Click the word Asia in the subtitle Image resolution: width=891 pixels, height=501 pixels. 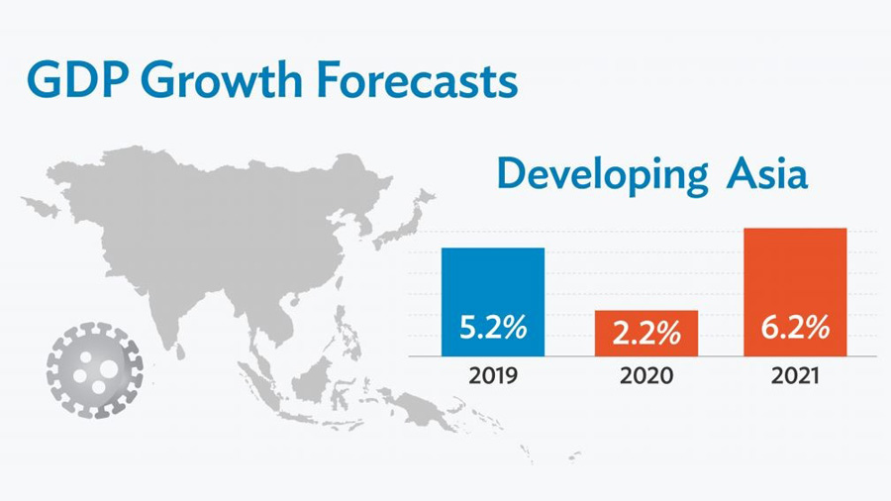[767, 174]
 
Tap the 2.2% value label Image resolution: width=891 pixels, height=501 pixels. [645, 334]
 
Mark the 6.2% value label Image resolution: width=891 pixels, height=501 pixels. [795, 329]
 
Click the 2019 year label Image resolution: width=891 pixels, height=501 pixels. [492, 376]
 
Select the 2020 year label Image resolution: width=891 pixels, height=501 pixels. [645, 376]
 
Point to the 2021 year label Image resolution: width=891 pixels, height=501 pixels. [795, 376]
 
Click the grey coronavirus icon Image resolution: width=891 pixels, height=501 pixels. [94, 369]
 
